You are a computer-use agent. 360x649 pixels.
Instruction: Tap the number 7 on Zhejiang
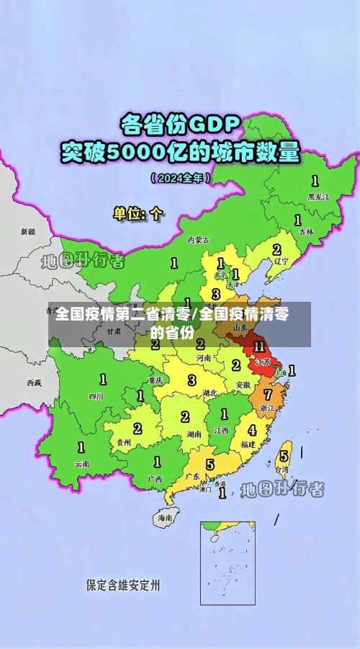[268, 395]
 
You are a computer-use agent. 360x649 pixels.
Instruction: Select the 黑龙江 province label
[318, 196]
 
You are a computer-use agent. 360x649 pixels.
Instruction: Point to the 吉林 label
[306, 232]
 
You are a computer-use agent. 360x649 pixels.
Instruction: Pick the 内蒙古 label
[198, 240]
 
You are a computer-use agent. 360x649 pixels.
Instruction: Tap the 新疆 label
[27, 232]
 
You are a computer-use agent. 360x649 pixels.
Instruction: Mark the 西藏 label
[34, 382]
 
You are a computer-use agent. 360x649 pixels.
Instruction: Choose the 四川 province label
[96, 396]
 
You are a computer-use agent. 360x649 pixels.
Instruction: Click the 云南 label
[82, 464]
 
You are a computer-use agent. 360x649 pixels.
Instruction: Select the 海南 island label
[165, 517]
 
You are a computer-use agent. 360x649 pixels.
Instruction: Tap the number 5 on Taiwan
[284, 455]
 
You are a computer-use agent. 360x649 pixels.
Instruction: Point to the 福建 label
[248, 444]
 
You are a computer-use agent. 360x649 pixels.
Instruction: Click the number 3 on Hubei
[192, 380]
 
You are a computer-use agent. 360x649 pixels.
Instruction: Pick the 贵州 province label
[122, 443]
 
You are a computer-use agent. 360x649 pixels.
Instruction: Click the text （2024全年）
[180, 177]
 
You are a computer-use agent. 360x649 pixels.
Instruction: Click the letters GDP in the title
[213, 124]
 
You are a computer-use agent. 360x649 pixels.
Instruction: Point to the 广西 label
[155, 479]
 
